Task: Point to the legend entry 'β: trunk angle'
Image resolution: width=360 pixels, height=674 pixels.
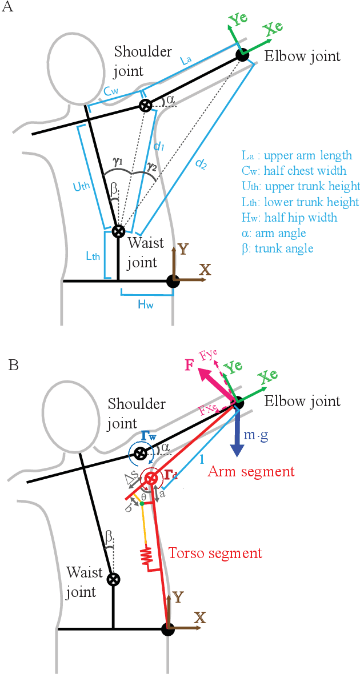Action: (277, 249)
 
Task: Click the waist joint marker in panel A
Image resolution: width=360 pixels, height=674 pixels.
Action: (118, 231)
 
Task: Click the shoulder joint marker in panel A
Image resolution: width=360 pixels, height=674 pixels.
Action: (146, 105)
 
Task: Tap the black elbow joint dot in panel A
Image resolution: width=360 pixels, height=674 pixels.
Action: (242, 55)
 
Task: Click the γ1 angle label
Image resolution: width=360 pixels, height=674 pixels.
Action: (118, 162)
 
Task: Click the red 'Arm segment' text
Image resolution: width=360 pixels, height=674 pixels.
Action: (251, 471)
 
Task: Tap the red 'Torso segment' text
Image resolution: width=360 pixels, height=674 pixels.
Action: (215, 553)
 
